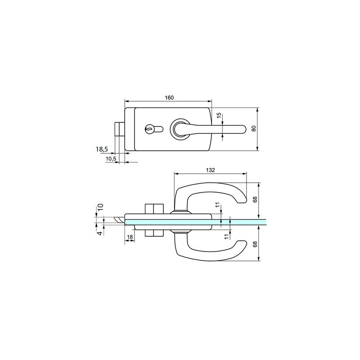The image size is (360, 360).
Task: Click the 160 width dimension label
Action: point(169,97)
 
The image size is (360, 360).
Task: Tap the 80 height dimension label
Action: point(254,129)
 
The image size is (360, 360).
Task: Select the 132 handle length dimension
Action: point(210,170)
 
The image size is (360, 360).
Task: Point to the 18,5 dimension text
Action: point(102,149)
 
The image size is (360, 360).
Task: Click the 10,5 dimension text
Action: point(111,158)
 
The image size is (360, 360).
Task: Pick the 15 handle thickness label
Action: point(219,115)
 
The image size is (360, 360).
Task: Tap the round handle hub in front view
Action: point(180,129)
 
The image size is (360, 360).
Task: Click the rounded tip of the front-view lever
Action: point(244,129)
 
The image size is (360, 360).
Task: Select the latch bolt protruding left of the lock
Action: point(119,129)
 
